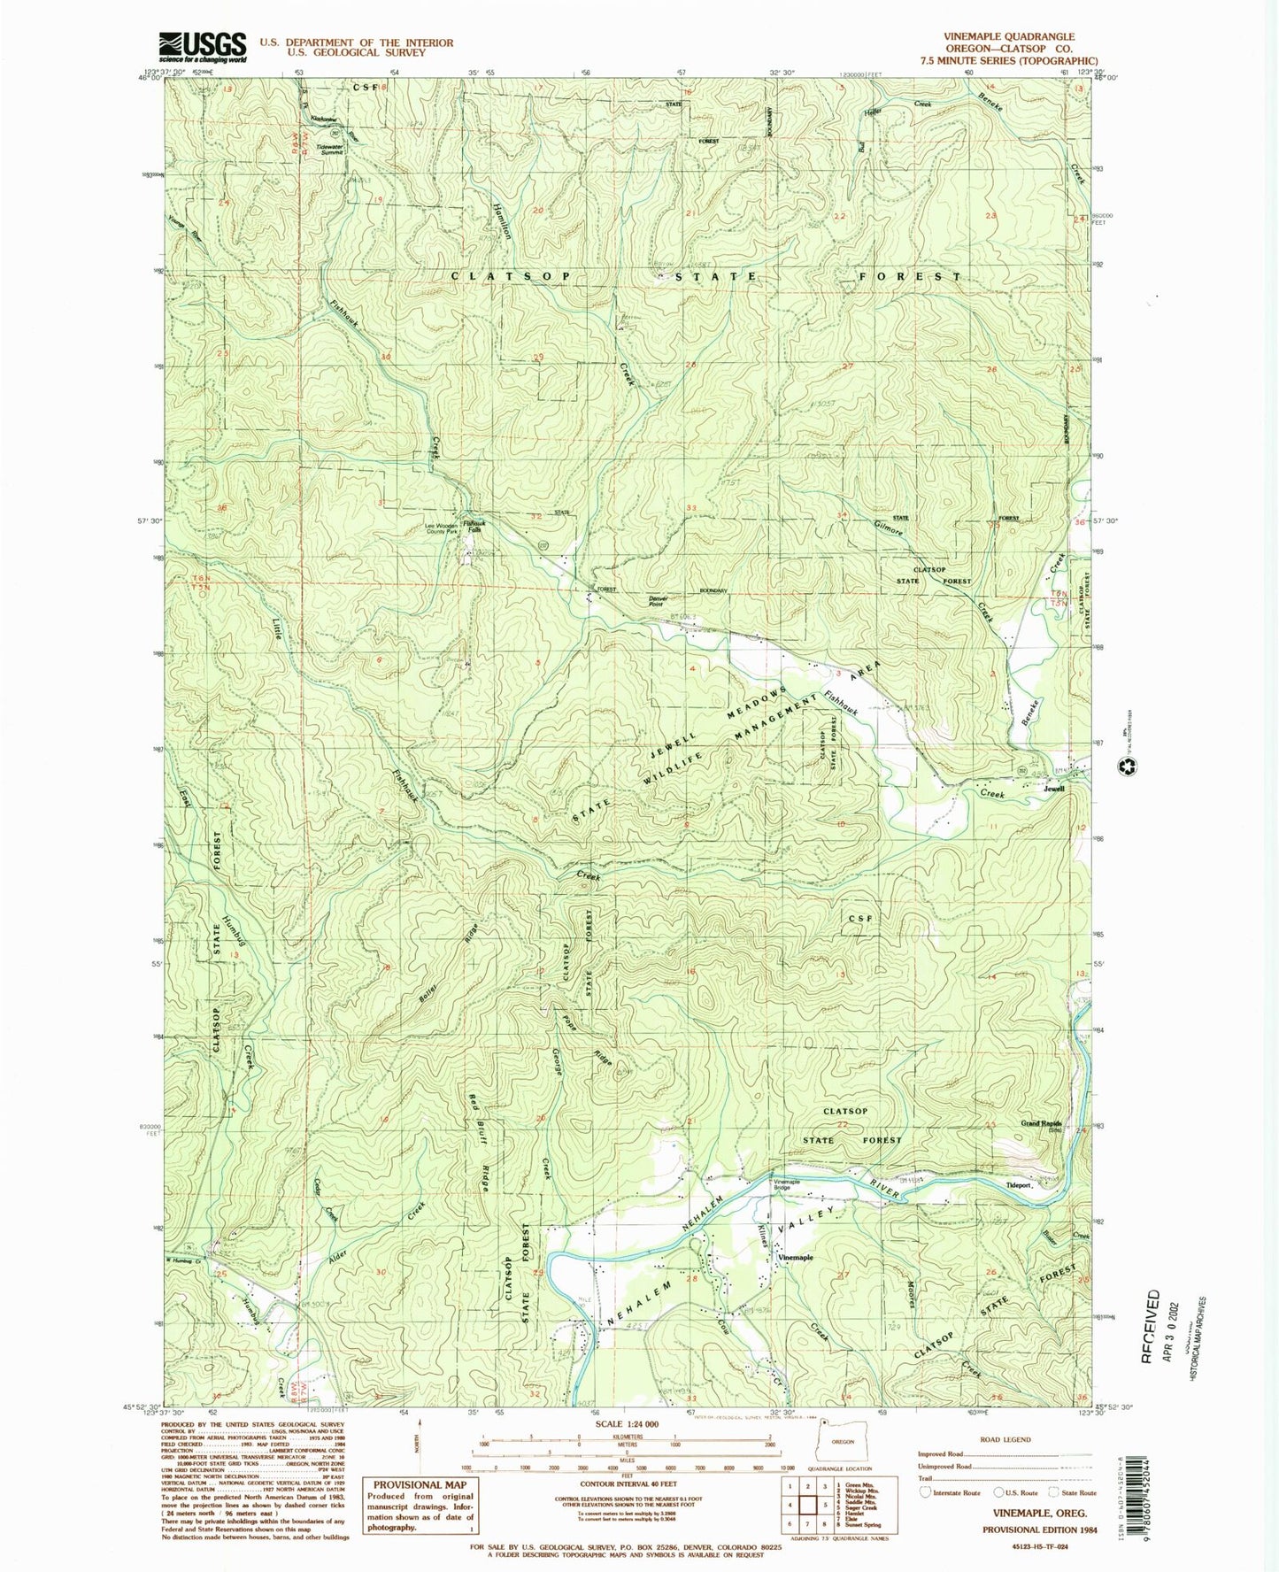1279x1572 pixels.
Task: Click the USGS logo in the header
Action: tap(202, 46)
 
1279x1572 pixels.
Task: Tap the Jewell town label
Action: tap(1053, 788)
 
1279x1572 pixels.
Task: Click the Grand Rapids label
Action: tap(1041, 1124)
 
